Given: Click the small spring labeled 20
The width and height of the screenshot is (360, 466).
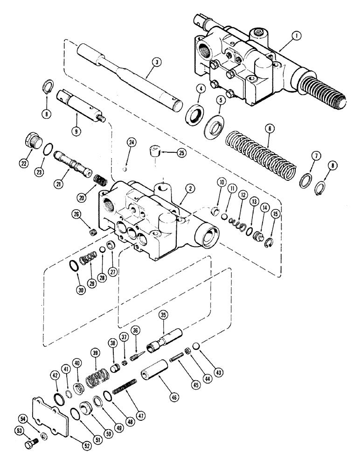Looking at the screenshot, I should point(100,179).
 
